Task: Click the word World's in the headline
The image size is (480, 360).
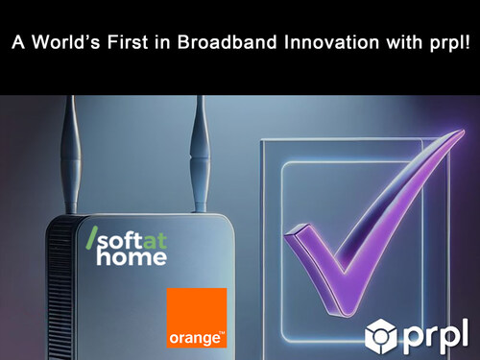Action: click(x=57, y=42)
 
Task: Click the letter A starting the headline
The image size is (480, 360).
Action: click(x=16, y=42)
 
